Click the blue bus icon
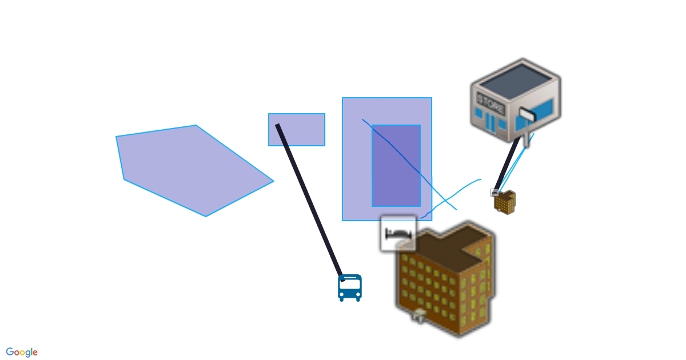[349, 287]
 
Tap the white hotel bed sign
[398, 234]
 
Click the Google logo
[22, 352]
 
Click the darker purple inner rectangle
[396, 166]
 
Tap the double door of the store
[490, 123]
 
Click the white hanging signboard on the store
[527, 116]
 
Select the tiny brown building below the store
[505, 202]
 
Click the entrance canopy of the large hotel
[420, 313]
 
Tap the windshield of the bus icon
[349, 283]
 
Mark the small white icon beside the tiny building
[495, 193]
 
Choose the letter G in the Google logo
[10, 352]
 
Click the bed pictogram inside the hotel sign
[399, 233]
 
